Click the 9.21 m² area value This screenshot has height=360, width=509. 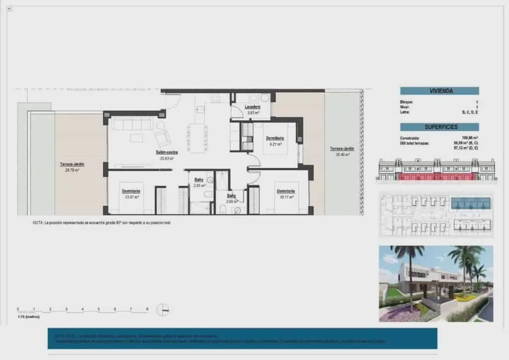tap(275, 144)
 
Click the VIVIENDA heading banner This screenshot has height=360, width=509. tap(439, 91)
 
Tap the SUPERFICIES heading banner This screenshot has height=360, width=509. tap(439, 127)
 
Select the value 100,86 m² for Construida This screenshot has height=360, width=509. tap(470, 138)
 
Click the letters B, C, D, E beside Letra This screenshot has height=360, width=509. tap(470, 113)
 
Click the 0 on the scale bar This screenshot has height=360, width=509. tap(18, 309)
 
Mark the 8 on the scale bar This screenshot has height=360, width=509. tap(147, 309)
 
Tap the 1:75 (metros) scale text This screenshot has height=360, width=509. tap(28, 316)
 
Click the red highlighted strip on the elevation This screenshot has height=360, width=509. tap(437, 177)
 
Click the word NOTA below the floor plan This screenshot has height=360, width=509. tap(38, 223)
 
